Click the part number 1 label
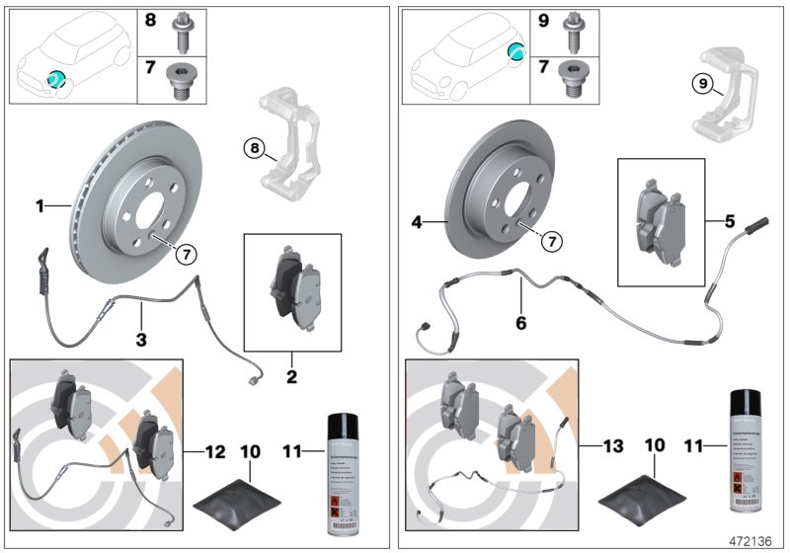click(x=40, y=206)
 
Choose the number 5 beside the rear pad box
click(x=731, y=222)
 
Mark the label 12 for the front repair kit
click(x=215, y=451)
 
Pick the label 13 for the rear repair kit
click(x=612, y=446)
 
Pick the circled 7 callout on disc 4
click(x=550, y=240)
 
